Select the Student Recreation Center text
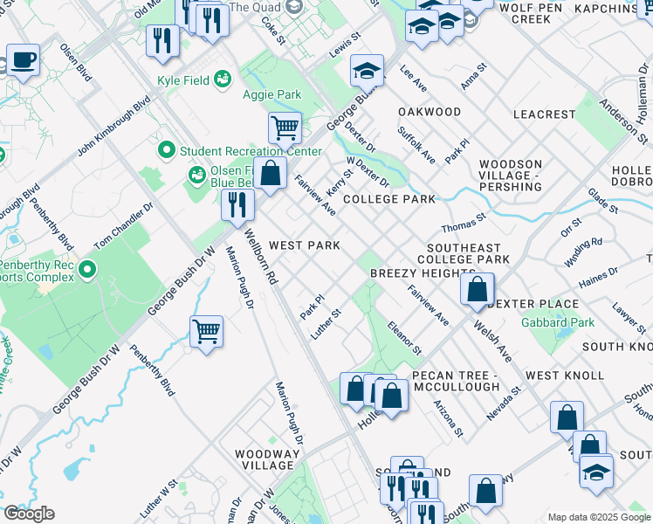[x=251, y=151]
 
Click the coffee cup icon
[x=24, y=60]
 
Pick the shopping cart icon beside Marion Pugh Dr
[x=207, y=331]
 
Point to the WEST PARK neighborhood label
[x=304, y=245]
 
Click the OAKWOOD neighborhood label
[x=429, y=112]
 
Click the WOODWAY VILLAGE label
[x=268, y=460]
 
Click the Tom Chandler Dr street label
[x=123, y=224]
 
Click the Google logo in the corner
[x=28, y=514]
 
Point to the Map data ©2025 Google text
[x=599, y=517]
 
